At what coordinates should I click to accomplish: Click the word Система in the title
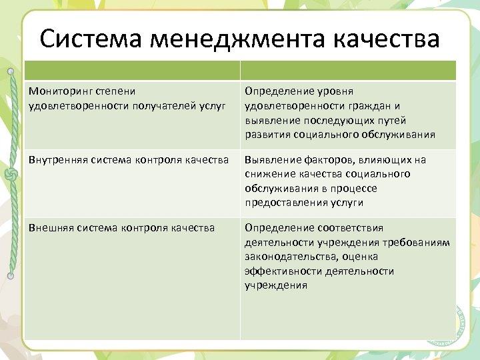(91, 39)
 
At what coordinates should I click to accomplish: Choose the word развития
(268, 135)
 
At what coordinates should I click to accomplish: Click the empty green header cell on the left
(132, 71)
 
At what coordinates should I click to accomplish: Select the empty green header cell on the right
(348, 71)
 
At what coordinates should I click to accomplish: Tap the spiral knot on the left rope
(10, 174)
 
